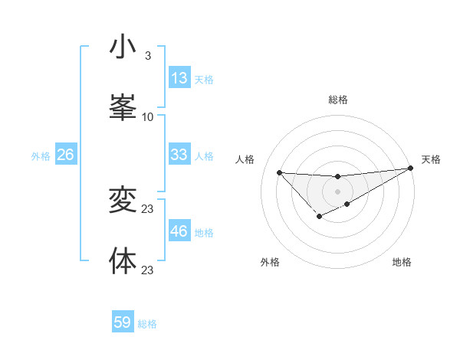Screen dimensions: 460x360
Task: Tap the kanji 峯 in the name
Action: [123, 106]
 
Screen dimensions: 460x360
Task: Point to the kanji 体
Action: [123, 260]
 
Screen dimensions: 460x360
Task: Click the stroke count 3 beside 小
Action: [148, 56]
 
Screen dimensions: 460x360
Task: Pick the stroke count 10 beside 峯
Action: [148, 116]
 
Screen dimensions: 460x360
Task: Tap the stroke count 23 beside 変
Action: [148, 208]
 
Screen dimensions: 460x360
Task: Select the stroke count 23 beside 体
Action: [148, 270]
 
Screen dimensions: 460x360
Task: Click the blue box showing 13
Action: [179, 78]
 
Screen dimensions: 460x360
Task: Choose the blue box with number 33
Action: [179, 155]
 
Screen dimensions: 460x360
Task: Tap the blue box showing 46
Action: [179, 231]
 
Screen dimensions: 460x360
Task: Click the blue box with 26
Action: [65, 155]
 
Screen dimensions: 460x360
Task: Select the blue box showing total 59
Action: [123, 322]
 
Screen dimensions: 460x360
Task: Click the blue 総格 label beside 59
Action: [147, 324]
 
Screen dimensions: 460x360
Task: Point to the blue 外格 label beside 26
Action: [41, 156]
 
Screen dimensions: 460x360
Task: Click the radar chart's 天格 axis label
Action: [431, 159]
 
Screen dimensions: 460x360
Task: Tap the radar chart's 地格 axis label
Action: [402, 263]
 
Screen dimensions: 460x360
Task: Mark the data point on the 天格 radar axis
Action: [410, 168]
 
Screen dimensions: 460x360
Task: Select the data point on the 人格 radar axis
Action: [280, 172]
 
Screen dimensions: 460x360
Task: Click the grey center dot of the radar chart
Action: [337, 191]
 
